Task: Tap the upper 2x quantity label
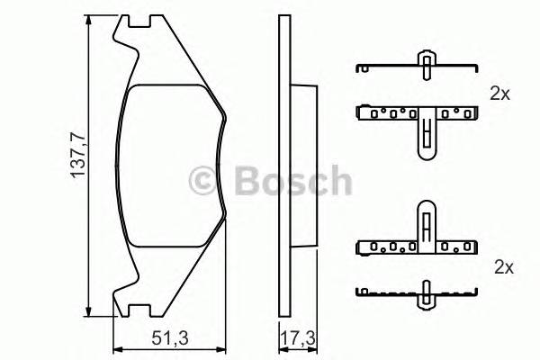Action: [x=501, y=93]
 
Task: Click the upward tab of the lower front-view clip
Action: [x=424, y=220]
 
